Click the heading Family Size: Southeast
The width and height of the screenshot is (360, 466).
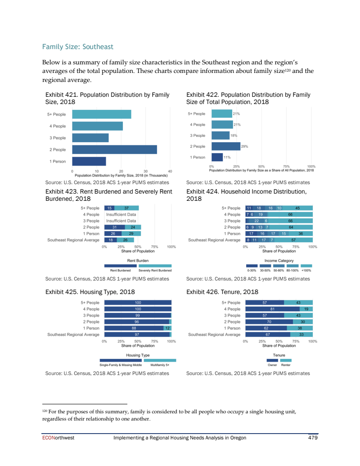(x=77, y=47)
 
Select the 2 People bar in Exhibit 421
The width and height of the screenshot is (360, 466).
(x=114, y=149)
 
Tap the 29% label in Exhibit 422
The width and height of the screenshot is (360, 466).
(x=245, y=146)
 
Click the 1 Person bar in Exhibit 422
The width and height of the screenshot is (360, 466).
(x=217, y=157)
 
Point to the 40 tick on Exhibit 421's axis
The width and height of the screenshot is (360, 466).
(x=170, y=171)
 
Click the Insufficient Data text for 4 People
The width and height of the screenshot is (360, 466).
(x=121, y=215)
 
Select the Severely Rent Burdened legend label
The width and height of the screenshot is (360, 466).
(x=155, y=270)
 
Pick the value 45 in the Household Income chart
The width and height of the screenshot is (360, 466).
(x=297, y=208)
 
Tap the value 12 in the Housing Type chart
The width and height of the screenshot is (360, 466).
(x=167, y=328)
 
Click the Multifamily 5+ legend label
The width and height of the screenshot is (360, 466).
(x=160, y=365)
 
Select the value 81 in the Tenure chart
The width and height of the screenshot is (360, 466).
(x=272, y=309)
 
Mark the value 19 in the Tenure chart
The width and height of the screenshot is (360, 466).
(x=306, y=309)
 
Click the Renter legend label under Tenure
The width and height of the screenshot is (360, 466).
(x=286, y=365)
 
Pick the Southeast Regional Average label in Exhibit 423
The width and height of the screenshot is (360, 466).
(x=73, y=240)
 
